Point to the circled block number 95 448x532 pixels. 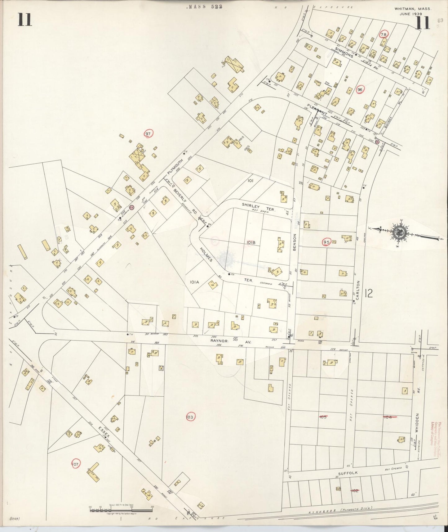tap(326, 242)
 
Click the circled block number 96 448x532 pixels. tap(360, 90)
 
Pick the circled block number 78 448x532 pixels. tap(384, 34)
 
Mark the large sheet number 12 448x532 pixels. tap(369, 293)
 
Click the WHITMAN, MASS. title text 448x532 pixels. tap(413, 9)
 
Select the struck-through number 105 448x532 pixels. tap(323, 417)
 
